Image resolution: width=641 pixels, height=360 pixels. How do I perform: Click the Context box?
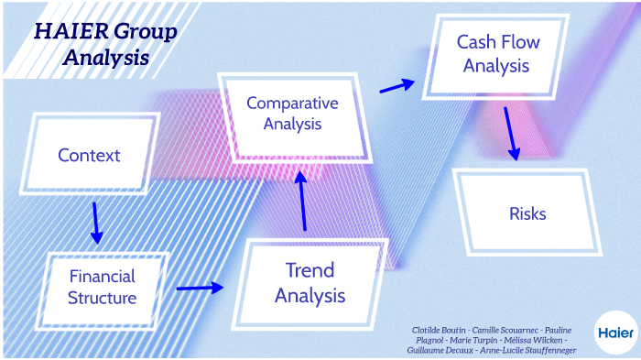89,155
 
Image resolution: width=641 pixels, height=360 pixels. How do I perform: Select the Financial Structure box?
102,287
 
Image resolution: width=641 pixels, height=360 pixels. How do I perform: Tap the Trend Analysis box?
310,282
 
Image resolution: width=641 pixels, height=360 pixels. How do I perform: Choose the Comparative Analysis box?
292,114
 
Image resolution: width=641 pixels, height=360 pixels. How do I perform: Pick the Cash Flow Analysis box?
497,54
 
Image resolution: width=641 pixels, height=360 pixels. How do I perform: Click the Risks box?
527,213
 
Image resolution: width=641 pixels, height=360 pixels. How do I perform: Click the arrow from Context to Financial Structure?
95,223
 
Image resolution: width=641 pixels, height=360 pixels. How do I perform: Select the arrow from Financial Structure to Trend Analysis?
200,288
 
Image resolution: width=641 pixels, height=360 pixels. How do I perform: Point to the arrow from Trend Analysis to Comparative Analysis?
301,200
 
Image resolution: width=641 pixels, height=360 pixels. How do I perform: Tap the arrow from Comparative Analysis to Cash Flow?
396,86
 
